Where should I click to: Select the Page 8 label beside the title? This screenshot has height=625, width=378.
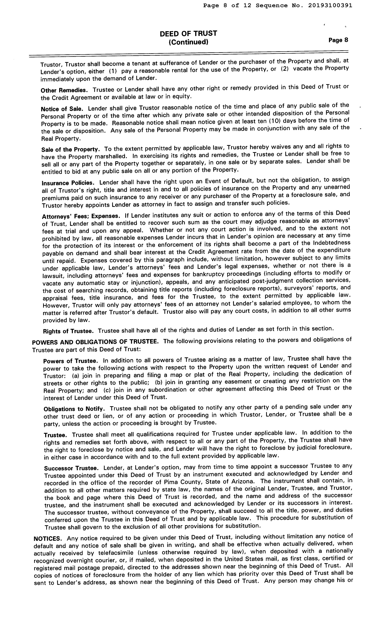(x=338, y=40)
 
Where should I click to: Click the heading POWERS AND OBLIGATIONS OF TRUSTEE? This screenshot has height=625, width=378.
(x=95, y=342)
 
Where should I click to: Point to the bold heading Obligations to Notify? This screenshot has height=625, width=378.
(x=74, y=409)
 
